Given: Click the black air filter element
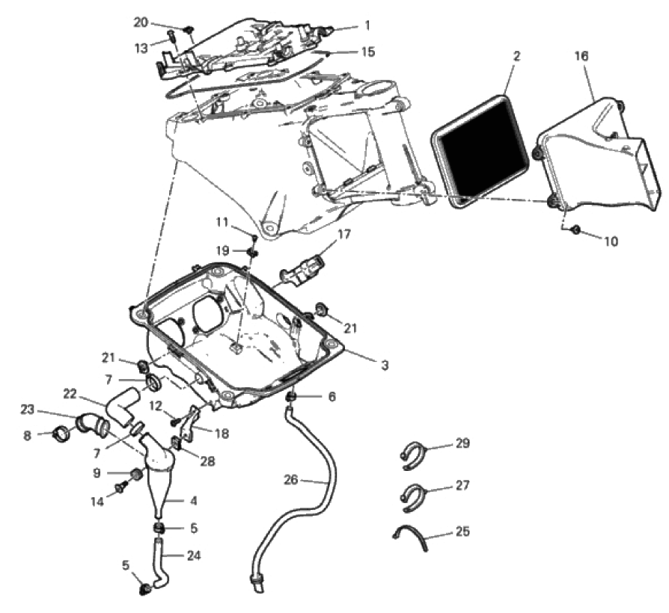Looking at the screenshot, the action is (x=480, y=151).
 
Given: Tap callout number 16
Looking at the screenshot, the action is (x=581, y=56).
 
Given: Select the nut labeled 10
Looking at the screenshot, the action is (x=575, y=230).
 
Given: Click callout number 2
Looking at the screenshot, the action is (x=516, y=56).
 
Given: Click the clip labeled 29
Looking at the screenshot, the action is (x=412, y=456).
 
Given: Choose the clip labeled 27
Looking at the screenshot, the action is (x=412, y=497).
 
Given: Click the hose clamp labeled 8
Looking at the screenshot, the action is (x=62, y=435).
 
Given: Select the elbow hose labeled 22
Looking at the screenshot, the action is (x=121, y=406).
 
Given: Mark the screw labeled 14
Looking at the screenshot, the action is (x=121, y=487).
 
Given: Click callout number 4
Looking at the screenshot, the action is (x=193, y=500).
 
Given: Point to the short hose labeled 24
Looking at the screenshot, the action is (x=160, y=563).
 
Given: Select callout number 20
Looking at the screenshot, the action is (x=141, y=22).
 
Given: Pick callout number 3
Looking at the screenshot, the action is (x=385, y=366).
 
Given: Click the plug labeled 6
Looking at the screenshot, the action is (x=291, y=398).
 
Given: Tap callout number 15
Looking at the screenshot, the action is (x=367, y=52).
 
